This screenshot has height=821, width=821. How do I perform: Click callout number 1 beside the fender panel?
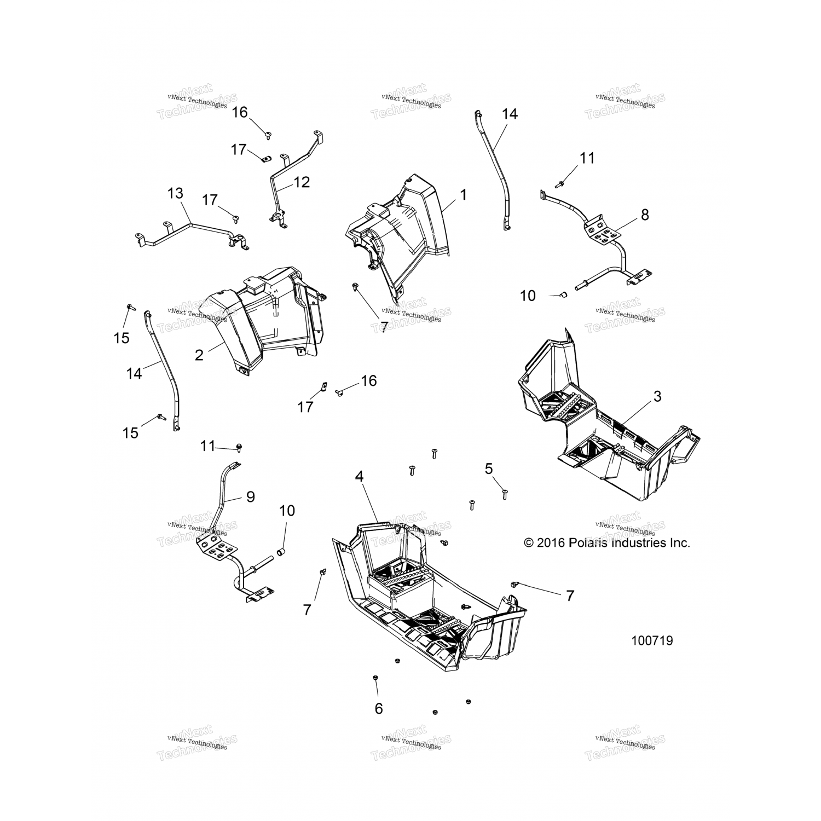point(463,194)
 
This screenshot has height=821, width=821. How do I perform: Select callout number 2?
point(199,355)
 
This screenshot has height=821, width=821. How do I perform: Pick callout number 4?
point(359,476)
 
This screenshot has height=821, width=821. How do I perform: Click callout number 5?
point(489,468)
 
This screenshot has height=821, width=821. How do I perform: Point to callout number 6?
point(378,708)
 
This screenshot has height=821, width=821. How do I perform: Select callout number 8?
point(645,215)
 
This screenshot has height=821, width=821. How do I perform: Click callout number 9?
point(250,496)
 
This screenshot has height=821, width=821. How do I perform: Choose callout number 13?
point(175,193)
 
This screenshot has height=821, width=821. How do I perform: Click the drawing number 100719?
point(652,640)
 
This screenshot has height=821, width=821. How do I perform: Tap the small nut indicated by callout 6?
point(374,678)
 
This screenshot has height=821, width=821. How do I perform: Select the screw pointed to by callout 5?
point(505,494)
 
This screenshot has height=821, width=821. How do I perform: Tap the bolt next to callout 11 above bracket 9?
point(239,448)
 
